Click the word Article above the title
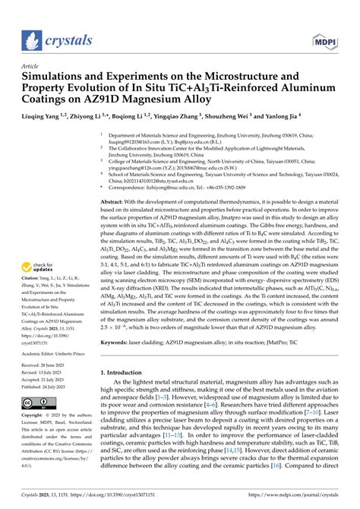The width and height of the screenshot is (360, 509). point(33,66)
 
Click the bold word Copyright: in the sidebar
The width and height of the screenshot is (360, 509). point(37,416)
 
